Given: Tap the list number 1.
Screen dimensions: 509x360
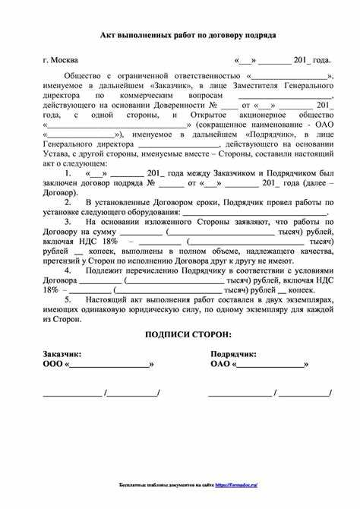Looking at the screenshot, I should (x=68, y=173).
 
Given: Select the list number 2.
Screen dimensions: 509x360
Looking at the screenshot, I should (x=68, y=203).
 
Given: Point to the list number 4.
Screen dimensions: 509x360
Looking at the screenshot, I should (x=68, y=270).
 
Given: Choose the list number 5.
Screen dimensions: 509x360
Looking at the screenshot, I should (x=68, y=301).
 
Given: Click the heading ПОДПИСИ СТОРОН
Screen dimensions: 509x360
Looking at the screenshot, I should (x=188, y=335).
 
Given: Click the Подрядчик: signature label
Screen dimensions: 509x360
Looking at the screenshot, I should (x=233, y=354).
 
